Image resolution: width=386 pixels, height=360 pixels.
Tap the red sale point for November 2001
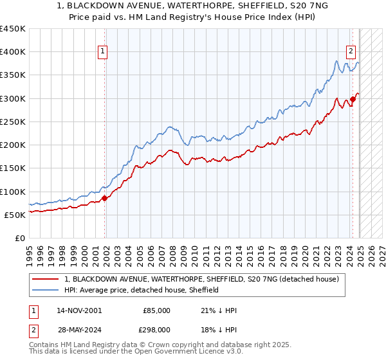(104, 199)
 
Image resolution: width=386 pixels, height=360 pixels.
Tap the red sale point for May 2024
(353, 100)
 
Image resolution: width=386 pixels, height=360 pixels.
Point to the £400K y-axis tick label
(13, 52)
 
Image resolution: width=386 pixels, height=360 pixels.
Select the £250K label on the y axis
(13, 122)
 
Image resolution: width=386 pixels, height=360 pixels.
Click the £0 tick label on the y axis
(19, 238)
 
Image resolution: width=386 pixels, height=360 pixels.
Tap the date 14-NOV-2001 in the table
(79, 310)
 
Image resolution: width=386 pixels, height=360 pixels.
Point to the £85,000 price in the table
(156, 310)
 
